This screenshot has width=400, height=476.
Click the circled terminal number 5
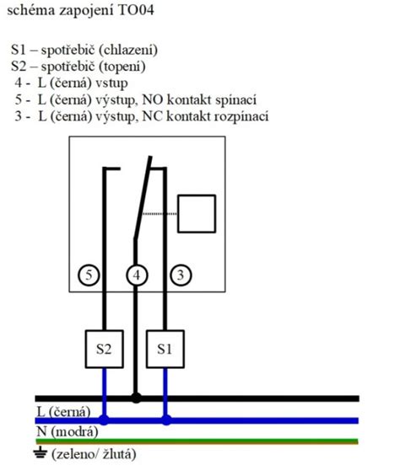pos(89,275)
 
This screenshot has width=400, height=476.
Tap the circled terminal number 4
pos(137,275)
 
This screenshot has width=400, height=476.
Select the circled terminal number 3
pos(181,275)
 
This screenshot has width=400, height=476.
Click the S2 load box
pos(104,349)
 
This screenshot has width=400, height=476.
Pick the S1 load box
pos(165,349)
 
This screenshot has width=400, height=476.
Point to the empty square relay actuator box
pos(197,214)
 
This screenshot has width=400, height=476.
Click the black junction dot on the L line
pos(136,398)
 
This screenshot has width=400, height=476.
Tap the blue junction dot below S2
pos(104,420)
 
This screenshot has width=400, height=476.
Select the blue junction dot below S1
pos(165,420)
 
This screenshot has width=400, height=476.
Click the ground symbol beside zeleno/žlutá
pos(41,453)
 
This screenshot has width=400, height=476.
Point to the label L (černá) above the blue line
pos(63,412)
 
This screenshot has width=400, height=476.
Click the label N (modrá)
pos(68,431)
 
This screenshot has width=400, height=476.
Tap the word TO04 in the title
pos(136,10)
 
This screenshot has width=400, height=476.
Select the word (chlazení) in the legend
pos(128,50)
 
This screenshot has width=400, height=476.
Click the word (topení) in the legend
pos(122,67)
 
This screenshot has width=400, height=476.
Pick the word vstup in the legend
pos(111,83)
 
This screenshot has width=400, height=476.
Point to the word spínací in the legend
pos(235,100)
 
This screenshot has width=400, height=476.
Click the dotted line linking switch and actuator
pos(159,214)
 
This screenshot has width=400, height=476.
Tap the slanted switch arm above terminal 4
pos(143,197)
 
